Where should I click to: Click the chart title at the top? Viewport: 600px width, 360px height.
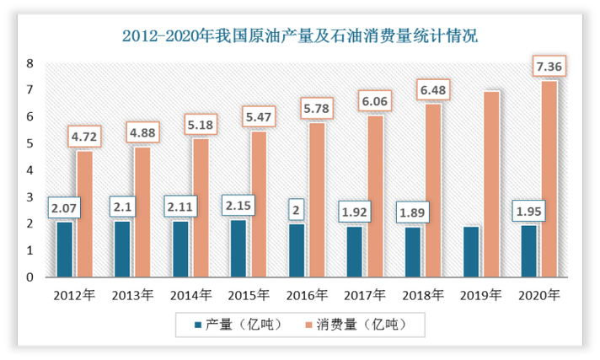(x=299, y=35)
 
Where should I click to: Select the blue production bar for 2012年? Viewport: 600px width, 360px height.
(x=65, y=250)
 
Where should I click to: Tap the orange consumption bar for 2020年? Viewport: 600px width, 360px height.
(x=549, y=179)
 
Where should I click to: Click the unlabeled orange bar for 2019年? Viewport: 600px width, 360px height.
(x=491, y=184)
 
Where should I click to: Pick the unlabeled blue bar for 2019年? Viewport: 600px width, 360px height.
(x=471, y=251)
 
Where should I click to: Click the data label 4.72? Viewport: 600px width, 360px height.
(x=84, y=135)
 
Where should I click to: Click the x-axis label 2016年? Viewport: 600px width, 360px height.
(x=308, y=295)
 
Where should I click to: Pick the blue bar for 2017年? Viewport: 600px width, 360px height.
(x=355, y=251)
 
